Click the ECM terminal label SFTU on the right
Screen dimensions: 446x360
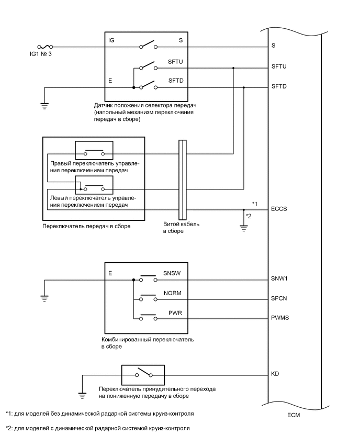pyautogui.click(x=279, y=68)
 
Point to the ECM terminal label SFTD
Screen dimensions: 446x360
pyautogui.click(x=279, y=86)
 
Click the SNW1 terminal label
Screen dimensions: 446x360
pyautogui.click(x=280, y=279)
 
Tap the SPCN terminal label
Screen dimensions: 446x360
pyautogui.click(x=279, y=299)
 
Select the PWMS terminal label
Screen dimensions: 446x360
pyautogui.click(x=280, y=318)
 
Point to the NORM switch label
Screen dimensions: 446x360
pyautogui.click(x=172, y=293)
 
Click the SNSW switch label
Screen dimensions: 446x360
pyautogui.click(x=172, y=273)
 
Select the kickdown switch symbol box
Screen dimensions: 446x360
pyautogui.click(x=143, y=375)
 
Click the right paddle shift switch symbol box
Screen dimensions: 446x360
pyautogui.click(x=94, y=150)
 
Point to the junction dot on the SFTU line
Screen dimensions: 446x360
pyautogui.click(x=233, y=68)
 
